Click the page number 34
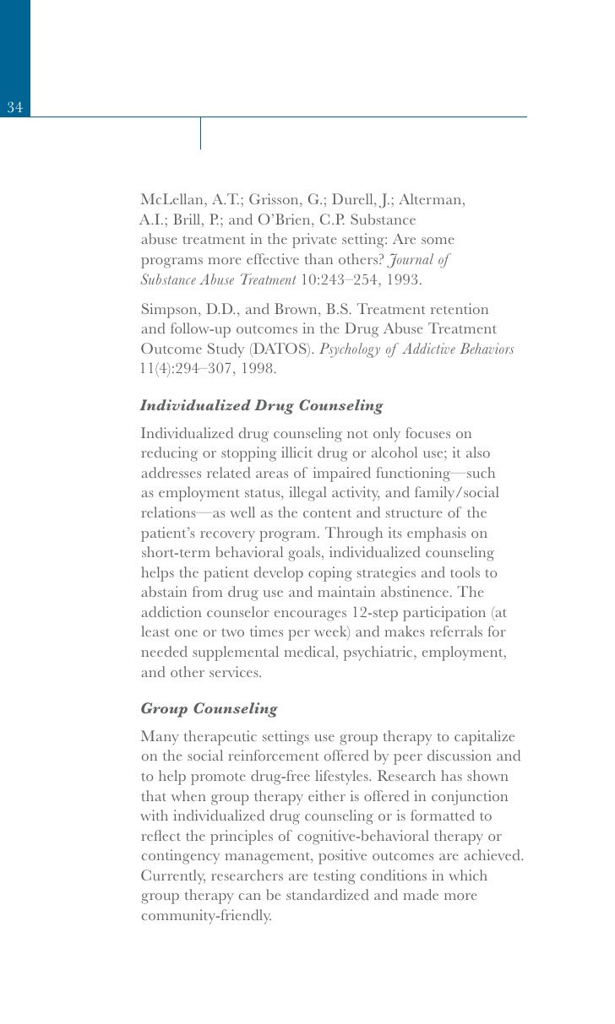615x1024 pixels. [x=14, y=107]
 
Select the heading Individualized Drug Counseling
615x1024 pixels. [x=261, y=406]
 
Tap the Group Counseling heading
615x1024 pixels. [x=209, y=709]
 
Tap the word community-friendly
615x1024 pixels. [x=206, y=916]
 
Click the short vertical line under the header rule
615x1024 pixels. [x=200, y=133]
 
